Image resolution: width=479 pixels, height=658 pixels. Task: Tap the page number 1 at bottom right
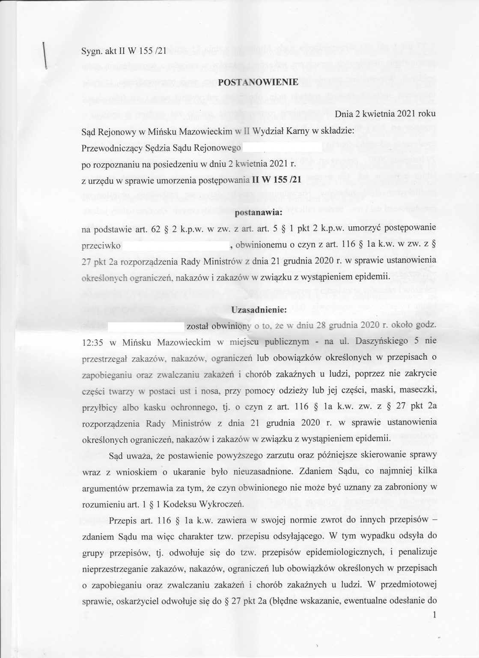point(435,616)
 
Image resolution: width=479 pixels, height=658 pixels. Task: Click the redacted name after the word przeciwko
point(176,246)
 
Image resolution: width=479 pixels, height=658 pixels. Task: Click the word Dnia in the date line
point(345,115)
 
